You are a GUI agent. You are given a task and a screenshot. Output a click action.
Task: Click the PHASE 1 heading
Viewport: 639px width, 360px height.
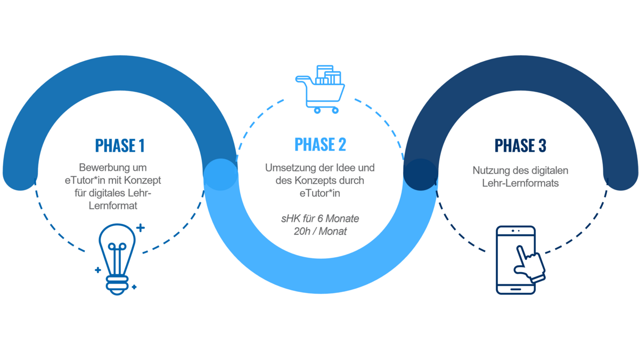[120, 145]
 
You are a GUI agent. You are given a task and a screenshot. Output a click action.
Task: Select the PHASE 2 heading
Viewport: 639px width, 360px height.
[320, 144]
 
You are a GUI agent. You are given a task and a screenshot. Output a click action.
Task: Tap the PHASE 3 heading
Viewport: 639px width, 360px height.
[520, 145]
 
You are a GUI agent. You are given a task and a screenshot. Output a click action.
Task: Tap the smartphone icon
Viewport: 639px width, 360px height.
[515, 260]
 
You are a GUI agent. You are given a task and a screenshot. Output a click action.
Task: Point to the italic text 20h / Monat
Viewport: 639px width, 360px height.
[320, 232]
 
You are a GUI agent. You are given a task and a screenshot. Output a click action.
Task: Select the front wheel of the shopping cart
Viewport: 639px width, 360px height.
[334, 110]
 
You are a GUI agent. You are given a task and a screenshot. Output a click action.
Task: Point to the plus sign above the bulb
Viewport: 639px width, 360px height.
[140, 228]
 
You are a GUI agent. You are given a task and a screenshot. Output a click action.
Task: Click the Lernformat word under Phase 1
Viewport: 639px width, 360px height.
[113, 205]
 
